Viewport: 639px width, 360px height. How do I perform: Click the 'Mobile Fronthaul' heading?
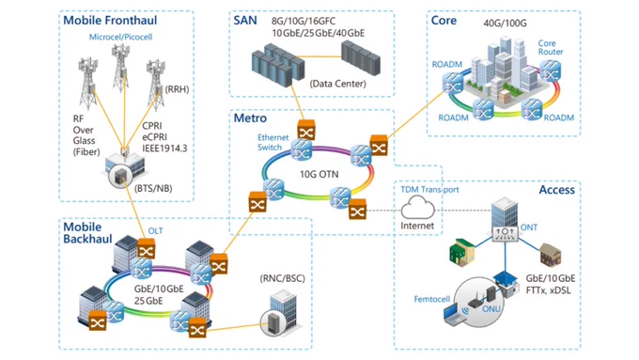point(110,20)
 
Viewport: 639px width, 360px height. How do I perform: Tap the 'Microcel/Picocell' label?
point(120,37)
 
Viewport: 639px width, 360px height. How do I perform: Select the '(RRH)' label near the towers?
point(177,89)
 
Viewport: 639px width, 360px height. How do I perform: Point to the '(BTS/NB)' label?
point(153,188)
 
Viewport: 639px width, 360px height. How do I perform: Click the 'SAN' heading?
point(245,21)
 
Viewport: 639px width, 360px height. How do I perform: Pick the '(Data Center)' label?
point(338,84)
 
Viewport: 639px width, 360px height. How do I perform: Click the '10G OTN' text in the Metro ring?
point(319,175)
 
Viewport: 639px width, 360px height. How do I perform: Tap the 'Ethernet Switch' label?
point(273,142)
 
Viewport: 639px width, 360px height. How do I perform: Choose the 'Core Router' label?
point(550,47)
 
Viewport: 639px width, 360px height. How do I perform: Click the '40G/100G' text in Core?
point(505,23)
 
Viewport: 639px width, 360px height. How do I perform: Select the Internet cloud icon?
point(418,208)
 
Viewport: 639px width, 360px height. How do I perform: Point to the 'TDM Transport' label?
point(429,190)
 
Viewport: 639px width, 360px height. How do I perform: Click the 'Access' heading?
point(556,190)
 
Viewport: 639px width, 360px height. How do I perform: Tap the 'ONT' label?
point(528,227)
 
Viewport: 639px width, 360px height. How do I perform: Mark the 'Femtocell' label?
point(432,299)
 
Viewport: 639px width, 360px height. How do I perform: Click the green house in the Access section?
point(461,252)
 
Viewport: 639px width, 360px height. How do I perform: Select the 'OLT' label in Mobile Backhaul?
point(155,231)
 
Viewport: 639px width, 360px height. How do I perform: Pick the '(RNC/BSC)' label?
point(283,279)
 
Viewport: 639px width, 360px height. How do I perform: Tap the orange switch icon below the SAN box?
point(306,130)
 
